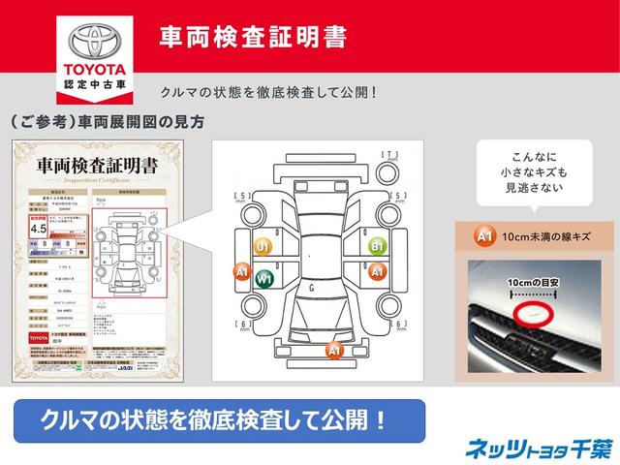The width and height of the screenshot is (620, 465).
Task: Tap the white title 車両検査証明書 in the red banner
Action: (x=254, y=37)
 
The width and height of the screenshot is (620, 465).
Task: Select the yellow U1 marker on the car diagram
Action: (x=263, y=247)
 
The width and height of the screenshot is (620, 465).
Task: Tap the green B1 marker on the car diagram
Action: (x=378, y=246)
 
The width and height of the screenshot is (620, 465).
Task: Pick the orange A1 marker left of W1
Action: (x=242, y=272)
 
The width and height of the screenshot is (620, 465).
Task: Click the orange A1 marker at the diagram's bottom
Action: (x=333, y=349)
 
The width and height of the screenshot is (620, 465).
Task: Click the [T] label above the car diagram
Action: (x=390, y=155)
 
